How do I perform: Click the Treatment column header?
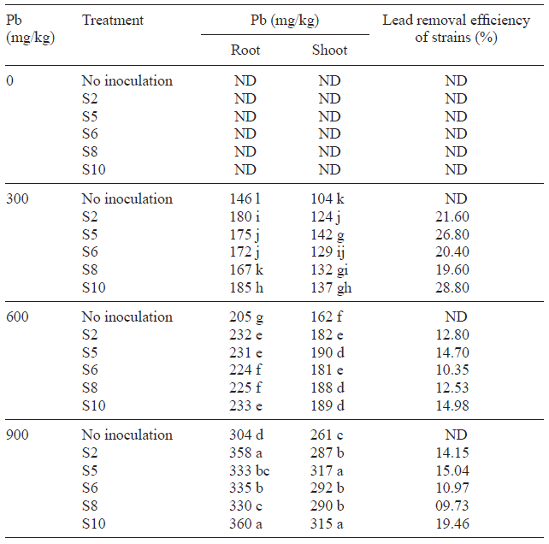113,20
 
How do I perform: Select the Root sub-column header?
245,50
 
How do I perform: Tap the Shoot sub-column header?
329,50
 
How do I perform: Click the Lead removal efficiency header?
456,28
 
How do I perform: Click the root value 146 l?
245,198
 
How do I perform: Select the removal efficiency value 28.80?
456,287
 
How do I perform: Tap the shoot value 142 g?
329,234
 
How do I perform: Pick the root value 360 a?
245,523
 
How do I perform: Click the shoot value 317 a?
329,470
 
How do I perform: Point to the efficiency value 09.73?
456,506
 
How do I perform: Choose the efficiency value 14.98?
456,405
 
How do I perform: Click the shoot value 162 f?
329,316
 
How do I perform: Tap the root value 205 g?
245,316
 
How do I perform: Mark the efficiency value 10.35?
456,370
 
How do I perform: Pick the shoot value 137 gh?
330,287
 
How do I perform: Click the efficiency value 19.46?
456,523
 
